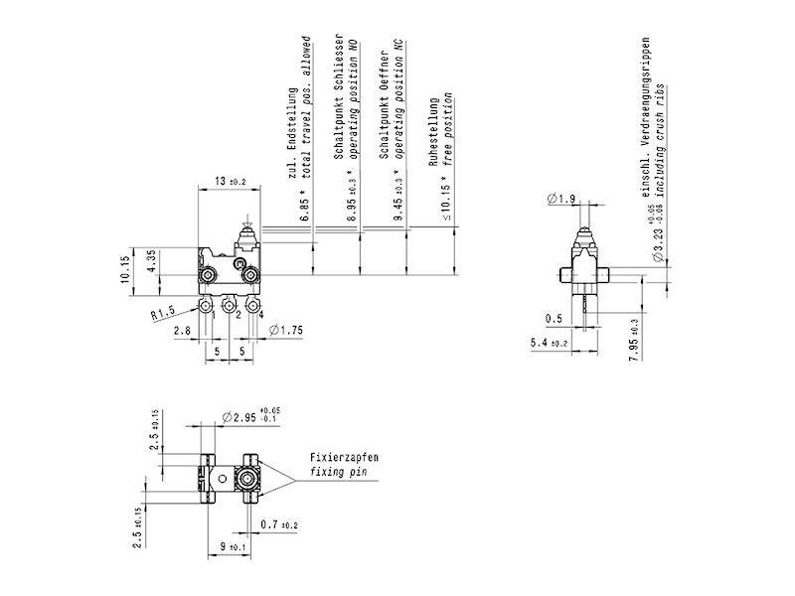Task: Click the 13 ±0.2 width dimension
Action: pos(230,182)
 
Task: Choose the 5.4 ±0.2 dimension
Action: pos(549,343)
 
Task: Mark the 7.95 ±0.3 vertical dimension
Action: pos(633,340)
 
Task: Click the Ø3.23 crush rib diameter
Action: pos(657,239)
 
